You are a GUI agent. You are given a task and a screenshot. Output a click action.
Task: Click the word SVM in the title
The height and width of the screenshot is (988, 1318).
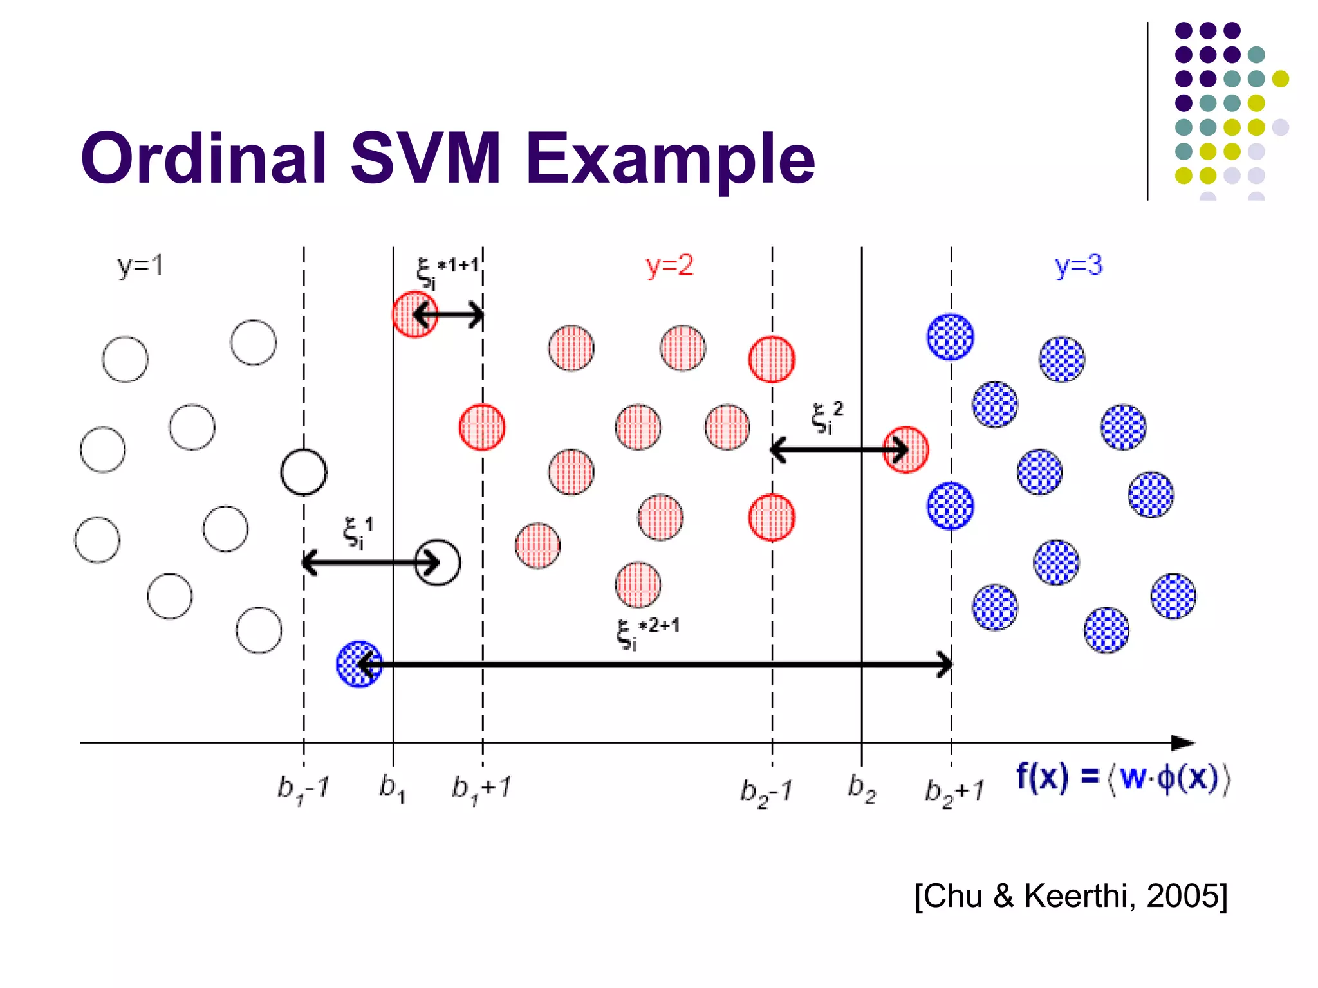coord(425,158)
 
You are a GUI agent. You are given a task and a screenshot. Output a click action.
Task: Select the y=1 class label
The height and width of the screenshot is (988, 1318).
coord(140,266)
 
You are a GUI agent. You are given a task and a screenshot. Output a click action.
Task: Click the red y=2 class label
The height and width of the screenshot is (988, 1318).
coord(669,266)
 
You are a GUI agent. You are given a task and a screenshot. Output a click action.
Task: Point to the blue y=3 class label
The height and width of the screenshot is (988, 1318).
coord(1079,266)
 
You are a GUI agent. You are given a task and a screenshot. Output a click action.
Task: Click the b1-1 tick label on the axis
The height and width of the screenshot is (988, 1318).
coord(302,789)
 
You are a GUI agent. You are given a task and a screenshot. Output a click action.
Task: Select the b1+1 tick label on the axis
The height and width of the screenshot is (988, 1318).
coord(481,789)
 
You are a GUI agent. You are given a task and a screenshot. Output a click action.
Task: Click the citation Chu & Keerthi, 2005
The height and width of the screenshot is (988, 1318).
coord(1071,895)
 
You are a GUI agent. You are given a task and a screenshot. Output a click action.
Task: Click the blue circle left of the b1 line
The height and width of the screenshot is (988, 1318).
coord(358,664)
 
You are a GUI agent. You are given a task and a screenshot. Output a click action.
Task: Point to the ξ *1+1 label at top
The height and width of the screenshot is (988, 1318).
coord(448,271)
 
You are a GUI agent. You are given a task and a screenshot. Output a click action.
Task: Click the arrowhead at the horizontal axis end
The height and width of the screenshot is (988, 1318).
coord(1183,743)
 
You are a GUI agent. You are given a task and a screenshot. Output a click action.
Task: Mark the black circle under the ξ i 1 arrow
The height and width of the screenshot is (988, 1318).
coord(438,562)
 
